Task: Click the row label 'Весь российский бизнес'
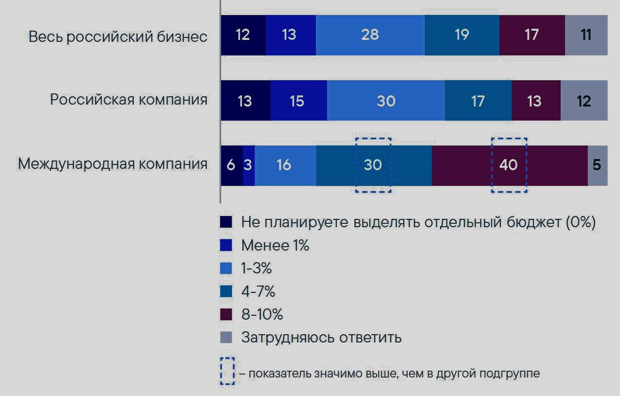point(118,36)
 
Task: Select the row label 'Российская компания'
point(128,100)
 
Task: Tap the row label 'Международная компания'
point(113,164)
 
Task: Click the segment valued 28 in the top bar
point(370,35)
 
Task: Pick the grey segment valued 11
point(586,35)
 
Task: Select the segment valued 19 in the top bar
point(461,35)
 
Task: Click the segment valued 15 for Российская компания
point(298,101)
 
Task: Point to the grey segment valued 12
point(584,101)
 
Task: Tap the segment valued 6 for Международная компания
point(231,165)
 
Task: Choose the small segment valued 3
point(248,165)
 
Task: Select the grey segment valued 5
point(597,165)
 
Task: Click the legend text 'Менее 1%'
point(275,246)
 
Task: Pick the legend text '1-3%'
point(256,269)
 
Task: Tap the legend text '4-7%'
point(258,291)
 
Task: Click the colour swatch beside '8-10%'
point(226,314)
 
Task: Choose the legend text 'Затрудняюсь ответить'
point(321,337)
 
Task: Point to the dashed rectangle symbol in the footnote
point(227,372)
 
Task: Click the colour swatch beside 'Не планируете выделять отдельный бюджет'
point(226,222)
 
